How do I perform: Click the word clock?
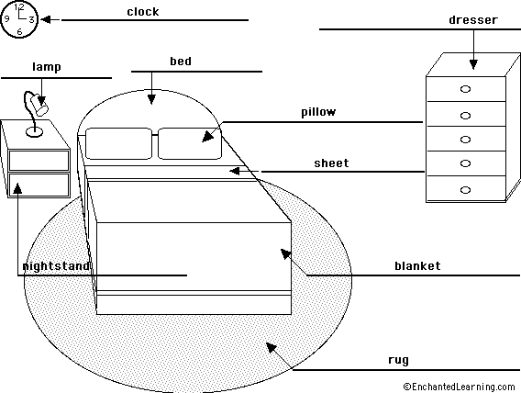143,12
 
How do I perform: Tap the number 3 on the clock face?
31,19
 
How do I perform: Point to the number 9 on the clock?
6,18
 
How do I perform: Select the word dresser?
473,20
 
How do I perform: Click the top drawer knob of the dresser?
465,89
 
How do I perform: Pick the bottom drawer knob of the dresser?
465,190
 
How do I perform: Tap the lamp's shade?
39,104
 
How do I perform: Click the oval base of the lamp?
34,132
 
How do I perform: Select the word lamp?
47,67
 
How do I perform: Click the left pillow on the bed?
118,143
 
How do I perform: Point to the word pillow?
318,112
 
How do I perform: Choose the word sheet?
331,163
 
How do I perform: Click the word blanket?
417,266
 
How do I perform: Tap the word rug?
398,361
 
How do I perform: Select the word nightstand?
55,266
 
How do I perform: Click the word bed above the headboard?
181,62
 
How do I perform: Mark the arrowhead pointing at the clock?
45,19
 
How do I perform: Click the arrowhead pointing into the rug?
271,347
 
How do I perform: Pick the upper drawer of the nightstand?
39,161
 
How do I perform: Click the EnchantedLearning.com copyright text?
459,387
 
